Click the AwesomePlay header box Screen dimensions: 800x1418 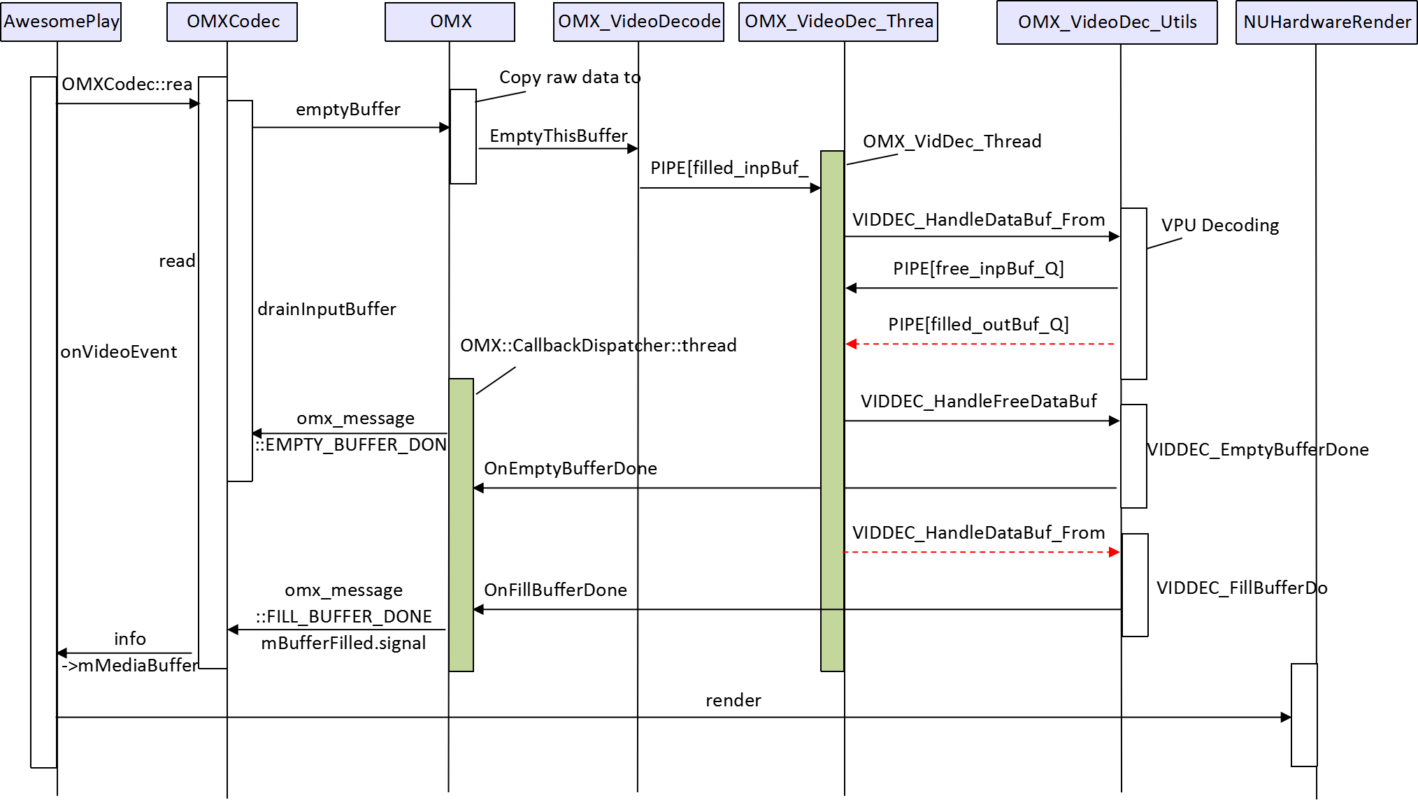tap(61, 22)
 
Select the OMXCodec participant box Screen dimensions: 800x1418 tap(232, 22)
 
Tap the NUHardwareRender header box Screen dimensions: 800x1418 tap(1326, 22)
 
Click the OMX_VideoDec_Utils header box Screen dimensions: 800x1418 tap(1107, 22)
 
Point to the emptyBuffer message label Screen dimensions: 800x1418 tap(348, 110)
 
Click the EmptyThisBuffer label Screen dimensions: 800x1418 tap(558, 136)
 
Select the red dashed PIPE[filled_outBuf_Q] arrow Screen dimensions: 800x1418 tap(979, 344)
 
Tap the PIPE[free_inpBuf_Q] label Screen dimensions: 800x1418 tap(978, 269)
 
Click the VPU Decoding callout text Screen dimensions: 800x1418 tap(1219, 226)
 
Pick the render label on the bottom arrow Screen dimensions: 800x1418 tap(733, 700)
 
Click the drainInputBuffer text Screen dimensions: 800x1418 tap(327, 309)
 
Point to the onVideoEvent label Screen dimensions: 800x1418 tap(118, 351)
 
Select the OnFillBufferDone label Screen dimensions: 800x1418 tap(555, 590)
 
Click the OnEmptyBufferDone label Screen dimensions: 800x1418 tap(570, 468)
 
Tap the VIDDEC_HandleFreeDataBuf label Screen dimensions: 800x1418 tap(978, 402)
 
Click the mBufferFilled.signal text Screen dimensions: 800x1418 tap(343, 643)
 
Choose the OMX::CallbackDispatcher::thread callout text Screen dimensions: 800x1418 tap(598, 345)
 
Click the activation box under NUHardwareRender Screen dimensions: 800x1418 tap(1304, 715)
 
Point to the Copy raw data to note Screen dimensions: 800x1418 tap(569, 78)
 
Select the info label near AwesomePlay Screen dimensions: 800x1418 tap(129, 639)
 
